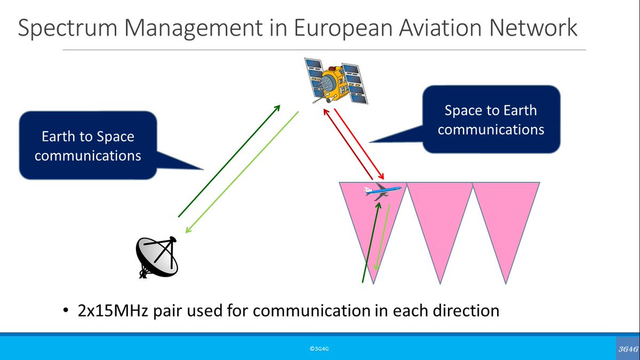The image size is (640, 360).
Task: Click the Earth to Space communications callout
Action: click(88, 145)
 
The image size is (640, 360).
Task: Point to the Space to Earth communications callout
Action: click(491, 119)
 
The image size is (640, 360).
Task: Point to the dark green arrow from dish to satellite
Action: click(229, 161)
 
